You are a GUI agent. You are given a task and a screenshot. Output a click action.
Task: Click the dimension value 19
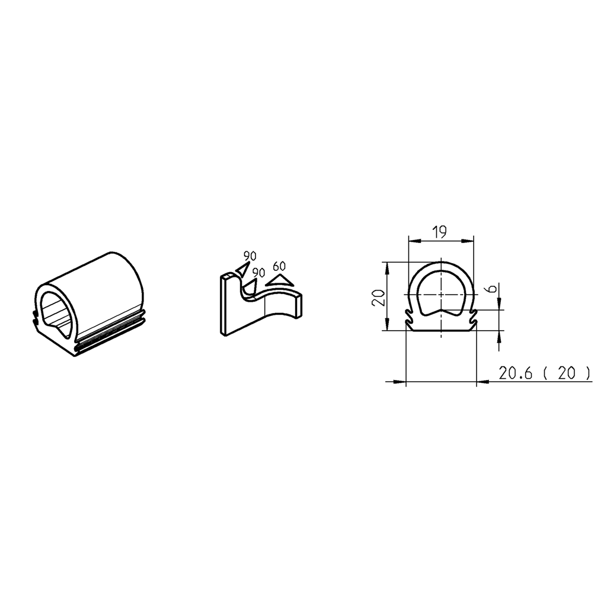click(x=439, y=232)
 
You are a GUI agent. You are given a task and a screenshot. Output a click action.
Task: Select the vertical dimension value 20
click(x=377, y=296)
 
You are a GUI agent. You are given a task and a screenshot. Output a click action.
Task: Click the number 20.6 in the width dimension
click(x=516, y=373)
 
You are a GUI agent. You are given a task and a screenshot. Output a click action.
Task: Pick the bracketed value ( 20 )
click(x=567, y=373)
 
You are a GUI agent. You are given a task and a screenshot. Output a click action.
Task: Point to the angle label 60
click(x=279, y=266)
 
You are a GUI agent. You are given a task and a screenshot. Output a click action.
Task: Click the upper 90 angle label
click(x=250, y=256)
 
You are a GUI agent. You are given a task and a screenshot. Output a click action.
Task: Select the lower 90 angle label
click(x=258, y=272)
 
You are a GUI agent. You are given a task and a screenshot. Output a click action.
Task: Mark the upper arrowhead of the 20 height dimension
click(x=386, y=267)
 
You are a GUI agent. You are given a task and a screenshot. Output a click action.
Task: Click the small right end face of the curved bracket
click(x=299, y=305)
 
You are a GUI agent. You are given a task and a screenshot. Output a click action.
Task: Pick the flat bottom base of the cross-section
click(x=441, y=329)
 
